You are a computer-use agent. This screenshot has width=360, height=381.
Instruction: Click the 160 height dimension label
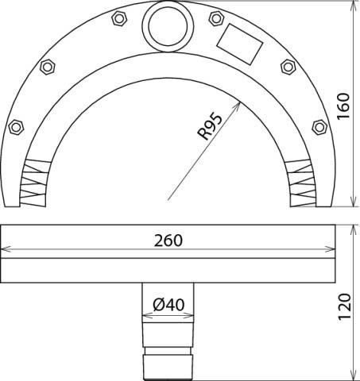pyautogui.click(x=343, y=103)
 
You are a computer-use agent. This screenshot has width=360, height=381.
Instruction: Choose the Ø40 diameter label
pyautogui.click(x=167, y=304)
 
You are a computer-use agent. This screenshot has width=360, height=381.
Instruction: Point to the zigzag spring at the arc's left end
pyautogui.click(x=34, y=182)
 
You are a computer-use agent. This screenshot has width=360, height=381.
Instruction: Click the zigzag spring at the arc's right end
pyautogui.click(x=303, y=182)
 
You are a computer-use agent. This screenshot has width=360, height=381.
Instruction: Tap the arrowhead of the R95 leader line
pyautogui.click(x=238, y=102)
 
